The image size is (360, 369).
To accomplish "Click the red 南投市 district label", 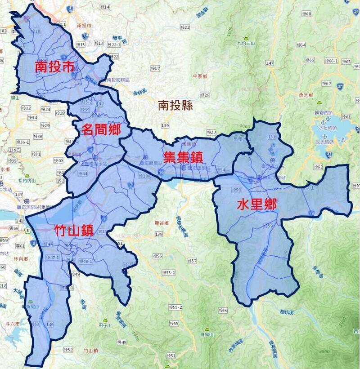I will tap(54, 68).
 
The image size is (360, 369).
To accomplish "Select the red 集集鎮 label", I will tap(183, 157).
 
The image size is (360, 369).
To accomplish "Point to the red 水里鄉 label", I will tap(257, 205).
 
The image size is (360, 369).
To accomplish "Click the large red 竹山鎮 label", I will tap(73, 231).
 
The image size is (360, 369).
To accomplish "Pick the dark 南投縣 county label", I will tap(175, 106).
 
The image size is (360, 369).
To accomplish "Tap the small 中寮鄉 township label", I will tap(200, 76).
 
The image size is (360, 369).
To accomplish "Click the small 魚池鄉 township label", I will tap(317, 94).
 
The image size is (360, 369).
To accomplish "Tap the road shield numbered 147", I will tap(270, 63).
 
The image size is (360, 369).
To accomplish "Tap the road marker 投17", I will tap(155, 68).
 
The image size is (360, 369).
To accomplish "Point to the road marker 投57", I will tap(192, 261).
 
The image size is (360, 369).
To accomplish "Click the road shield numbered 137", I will tap(18, 194).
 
